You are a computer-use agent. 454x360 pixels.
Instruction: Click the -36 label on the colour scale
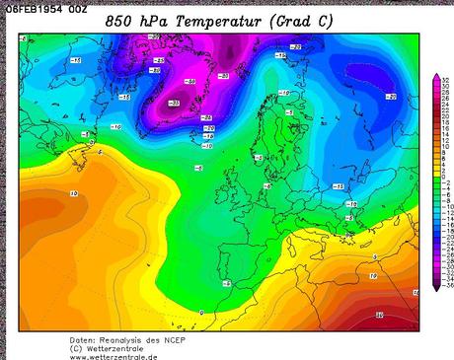point(445,284)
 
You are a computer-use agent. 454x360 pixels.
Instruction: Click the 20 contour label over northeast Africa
point(379,316)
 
